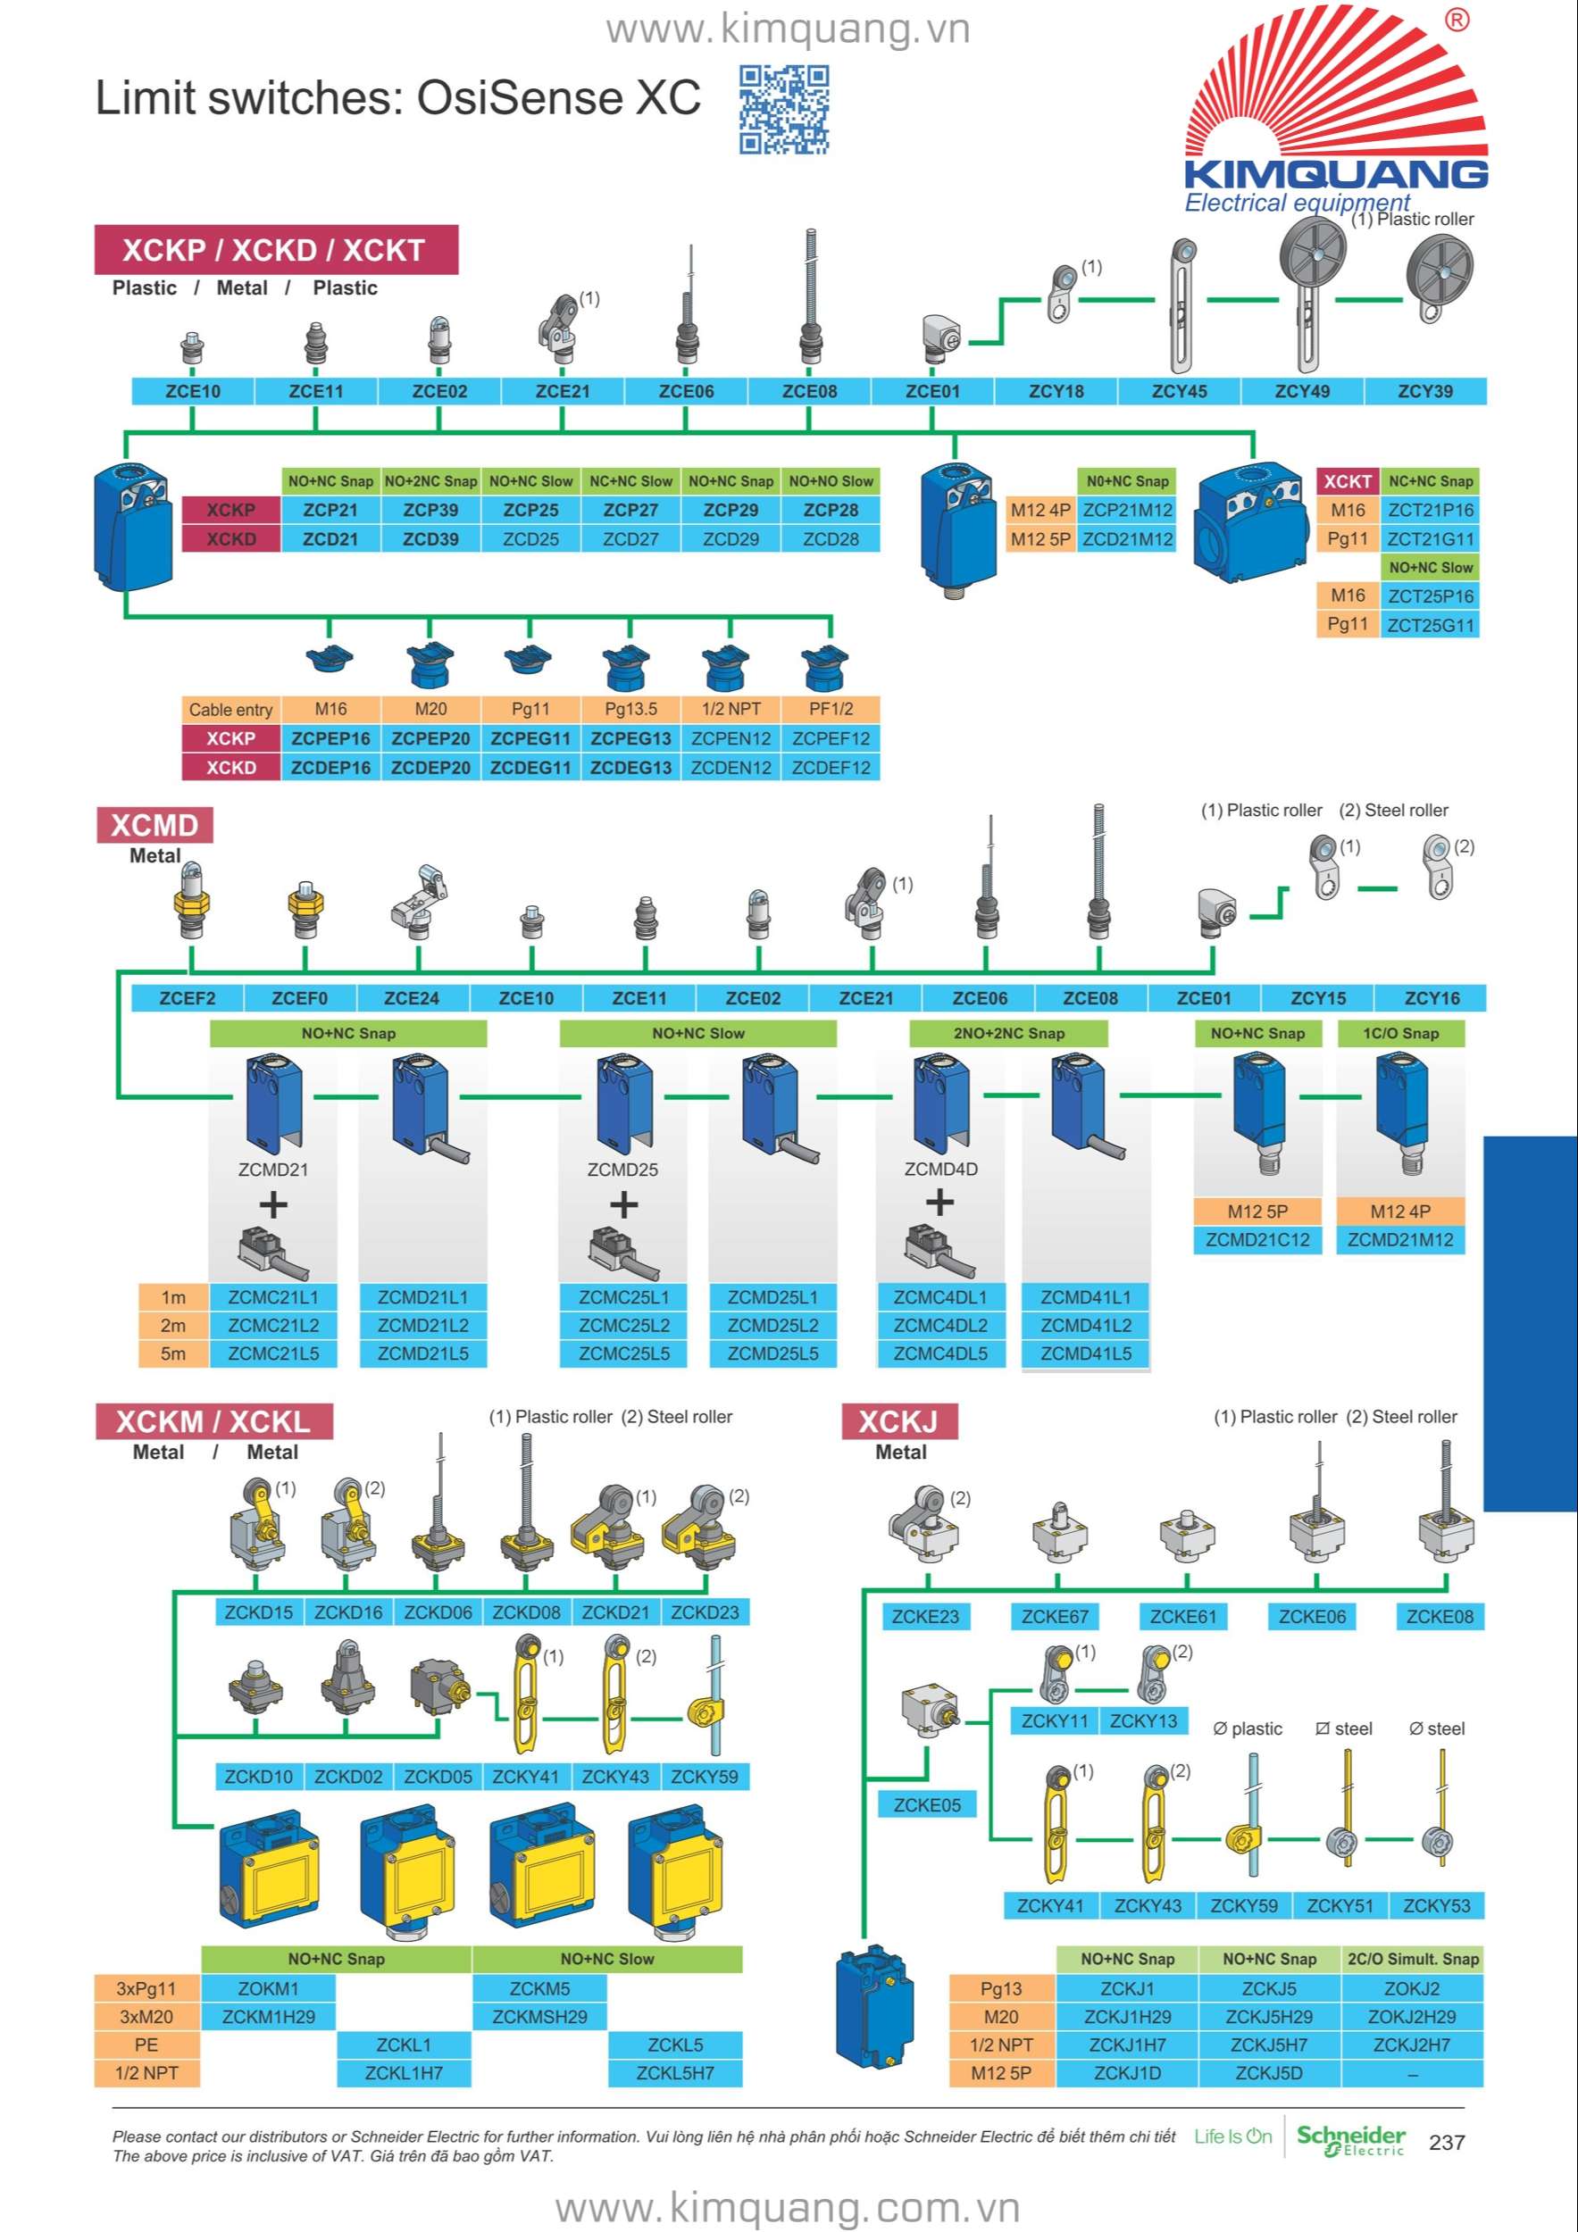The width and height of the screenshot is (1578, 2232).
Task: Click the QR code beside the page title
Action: click(784, 110)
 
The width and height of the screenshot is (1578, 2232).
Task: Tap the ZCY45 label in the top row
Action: click(1179, 392)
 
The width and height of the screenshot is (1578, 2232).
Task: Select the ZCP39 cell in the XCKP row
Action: click(430, 511)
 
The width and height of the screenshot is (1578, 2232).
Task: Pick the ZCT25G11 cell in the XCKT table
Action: click(1431, 625)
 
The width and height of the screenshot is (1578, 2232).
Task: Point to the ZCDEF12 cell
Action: click(831, 768)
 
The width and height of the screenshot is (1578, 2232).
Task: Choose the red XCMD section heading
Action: click(154, 825)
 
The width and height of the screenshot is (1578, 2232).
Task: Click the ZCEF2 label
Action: click(188, 998)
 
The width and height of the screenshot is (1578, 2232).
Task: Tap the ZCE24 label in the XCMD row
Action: click(412, 998)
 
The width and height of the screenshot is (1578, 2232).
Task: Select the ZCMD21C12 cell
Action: click(1257, 1240)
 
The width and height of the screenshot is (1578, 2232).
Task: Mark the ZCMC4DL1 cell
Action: click(940, 1298)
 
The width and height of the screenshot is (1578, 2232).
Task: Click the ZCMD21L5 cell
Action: click(423, 1354)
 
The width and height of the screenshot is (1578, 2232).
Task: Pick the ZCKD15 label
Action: click(259, 1612)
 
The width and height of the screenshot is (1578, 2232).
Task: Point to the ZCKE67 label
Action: click(1055, 1617)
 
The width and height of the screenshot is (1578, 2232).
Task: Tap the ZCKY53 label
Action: click(1436, 1906)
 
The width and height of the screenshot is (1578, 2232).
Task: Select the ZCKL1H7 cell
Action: click(404, 2074)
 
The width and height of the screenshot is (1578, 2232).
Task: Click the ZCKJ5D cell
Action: click(1269, 2074)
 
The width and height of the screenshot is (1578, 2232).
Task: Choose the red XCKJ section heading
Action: click(899, 1422)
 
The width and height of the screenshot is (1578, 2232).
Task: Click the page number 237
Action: click(1447, 2143)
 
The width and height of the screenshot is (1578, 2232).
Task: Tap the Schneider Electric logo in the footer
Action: click(1351, 2140)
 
